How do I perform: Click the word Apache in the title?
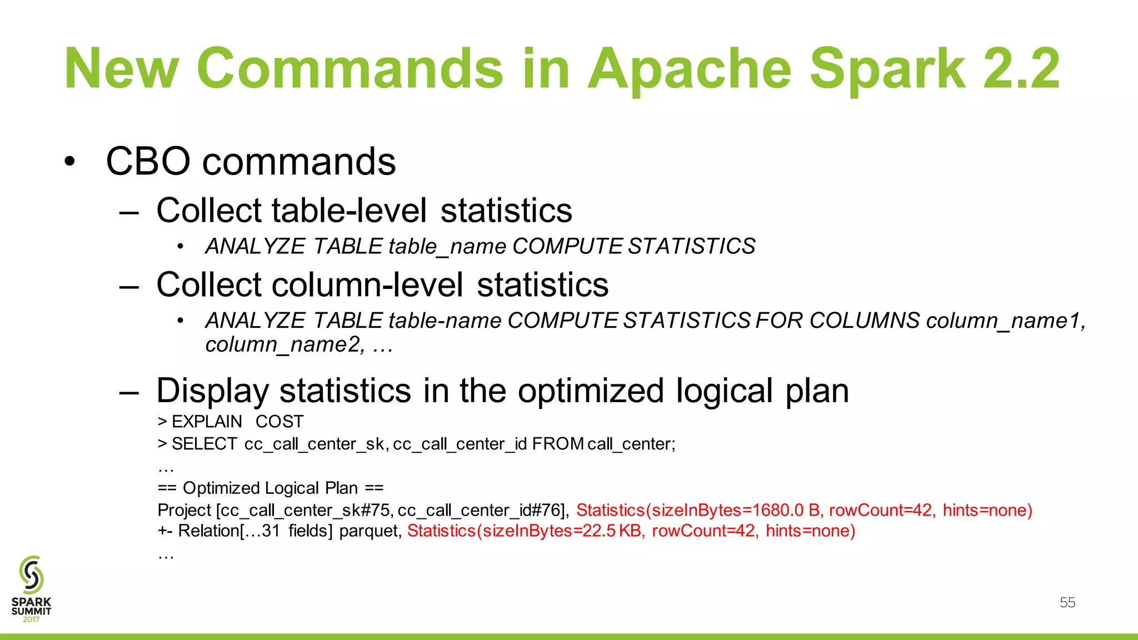click(x=689, y=69)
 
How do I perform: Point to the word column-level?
click(x=367, y=285)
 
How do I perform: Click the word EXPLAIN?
click(x=207, y=422)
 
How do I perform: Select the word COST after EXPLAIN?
click(x=279, y=422)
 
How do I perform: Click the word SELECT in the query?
click(x=204, y=444)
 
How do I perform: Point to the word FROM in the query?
click(x=557, y=444)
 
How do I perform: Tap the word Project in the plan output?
click(x=184, y=510)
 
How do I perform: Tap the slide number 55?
click(x=1067, y=602)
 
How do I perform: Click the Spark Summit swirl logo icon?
click(x=31, y=574)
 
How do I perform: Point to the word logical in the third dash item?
click(x=724, y=391)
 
